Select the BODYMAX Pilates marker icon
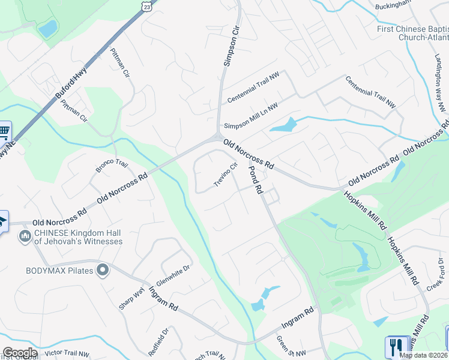tap(103, 270)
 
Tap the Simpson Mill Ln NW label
tap(251, 117)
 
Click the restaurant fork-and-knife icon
tap(394, 347)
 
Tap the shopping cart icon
tap(4, 130)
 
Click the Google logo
tap(20, 353)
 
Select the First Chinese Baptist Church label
tap(413, 33)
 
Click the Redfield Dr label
tap(164, 341)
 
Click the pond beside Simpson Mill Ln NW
tap(283, 125)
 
